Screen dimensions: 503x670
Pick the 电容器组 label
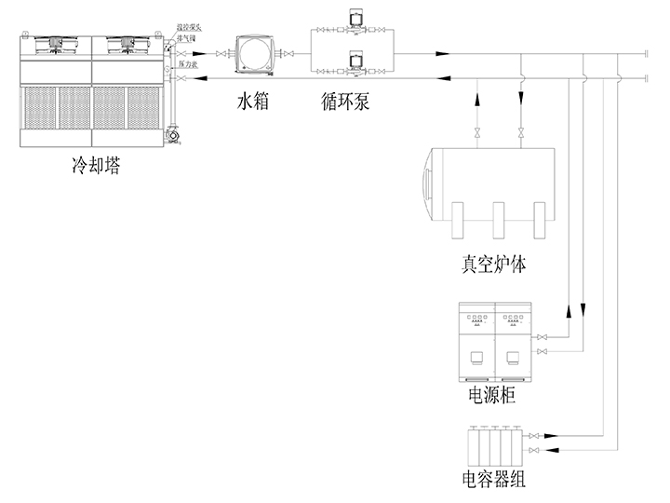[x=493, y=481]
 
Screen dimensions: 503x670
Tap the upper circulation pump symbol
[x=355, y=20]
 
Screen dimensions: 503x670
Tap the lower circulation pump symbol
[x=355, y=61]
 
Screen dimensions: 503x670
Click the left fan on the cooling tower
[x=54, y=43]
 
